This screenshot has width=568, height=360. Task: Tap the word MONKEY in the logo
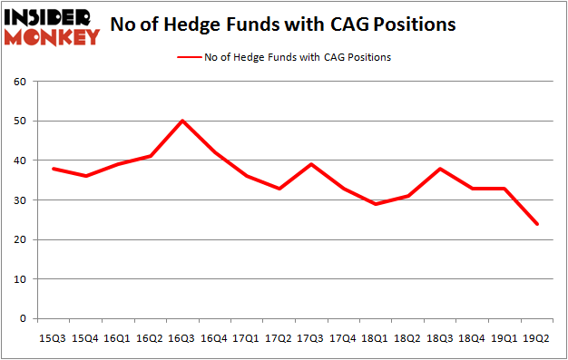tap(52, 37)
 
